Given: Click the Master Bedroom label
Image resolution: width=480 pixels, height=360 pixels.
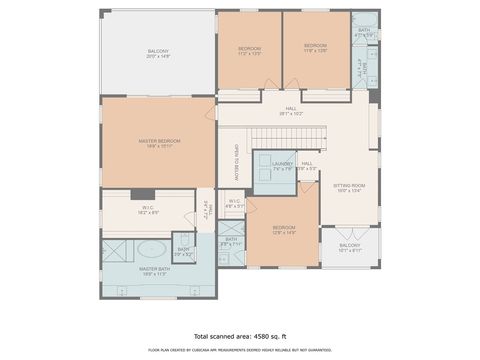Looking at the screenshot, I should [159, 141].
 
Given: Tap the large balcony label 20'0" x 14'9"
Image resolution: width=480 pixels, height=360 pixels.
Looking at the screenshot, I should [159, 53].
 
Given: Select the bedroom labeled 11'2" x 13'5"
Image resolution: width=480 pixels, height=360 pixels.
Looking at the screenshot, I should [249, 49].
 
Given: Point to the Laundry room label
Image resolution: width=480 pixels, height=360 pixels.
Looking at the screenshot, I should [282, 165].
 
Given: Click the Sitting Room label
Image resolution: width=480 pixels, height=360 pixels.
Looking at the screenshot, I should [349, 187].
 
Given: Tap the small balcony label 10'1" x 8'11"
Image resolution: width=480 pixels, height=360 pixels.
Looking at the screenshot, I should [349, 246].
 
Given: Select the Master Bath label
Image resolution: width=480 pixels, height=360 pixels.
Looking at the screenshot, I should [153, 269].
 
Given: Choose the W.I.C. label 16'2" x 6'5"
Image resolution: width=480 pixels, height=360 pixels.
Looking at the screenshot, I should [148, 211].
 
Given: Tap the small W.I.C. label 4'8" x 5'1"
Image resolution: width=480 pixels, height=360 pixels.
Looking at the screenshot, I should [234, 203].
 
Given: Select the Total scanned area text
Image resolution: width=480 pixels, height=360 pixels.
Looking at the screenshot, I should [240, 336].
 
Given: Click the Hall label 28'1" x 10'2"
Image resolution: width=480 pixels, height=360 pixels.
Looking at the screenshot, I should [291, 111].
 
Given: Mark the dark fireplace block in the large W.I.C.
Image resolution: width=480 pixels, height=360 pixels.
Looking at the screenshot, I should [147, 193].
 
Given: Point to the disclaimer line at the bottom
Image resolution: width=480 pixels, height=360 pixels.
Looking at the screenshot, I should [240, 350].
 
